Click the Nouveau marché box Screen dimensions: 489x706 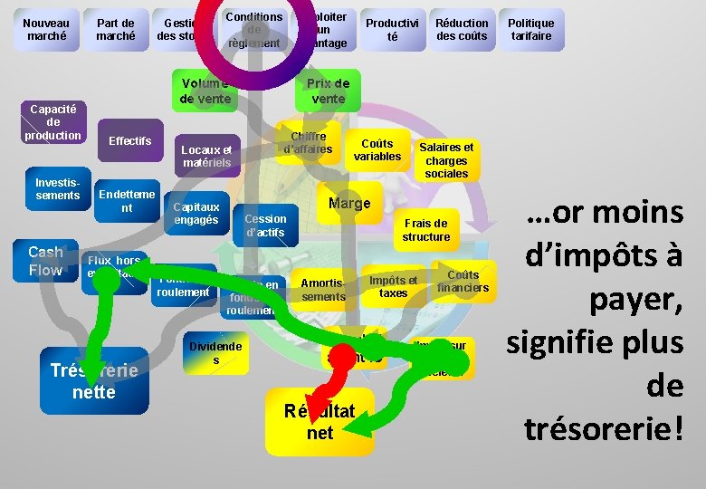tap(46, 30)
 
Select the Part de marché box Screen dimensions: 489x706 tap(116, 30)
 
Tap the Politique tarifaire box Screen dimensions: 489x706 tap(530, 30)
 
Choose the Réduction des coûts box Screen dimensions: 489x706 tap(462, 30)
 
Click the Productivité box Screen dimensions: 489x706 tap(392, 30)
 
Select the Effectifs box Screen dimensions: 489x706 tap(129, 141)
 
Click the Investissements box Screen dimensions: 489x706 tap(58, 189)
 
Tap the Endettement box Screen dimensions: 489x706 tap(127, 201)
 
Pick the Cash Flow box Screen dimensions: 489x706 tap(45, 261)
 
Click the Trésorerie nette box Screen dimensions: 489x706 tap(94, 381)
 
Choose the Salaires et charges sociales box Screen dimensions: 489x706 tap(446, 160)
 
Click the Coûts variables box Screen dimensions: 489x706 tap(377, 150)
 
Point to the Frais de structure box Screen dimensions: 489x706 tap(426, 230)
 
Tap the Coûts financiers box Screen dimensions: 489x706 tap(463, 282)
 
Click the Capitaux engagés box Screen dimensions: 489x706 tap(196, 214)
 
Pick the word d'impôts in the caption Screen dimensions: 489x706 tap(605, 256)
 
